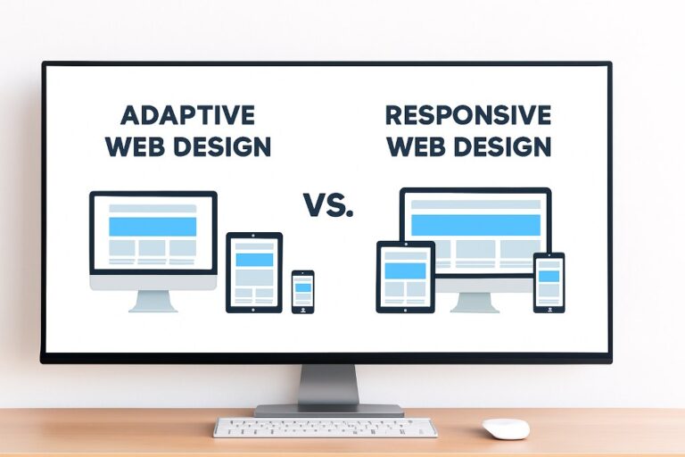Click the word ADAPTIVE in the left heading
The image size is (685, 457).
[186, 115]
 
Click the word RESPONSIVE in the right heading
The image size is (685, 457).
[467, 115]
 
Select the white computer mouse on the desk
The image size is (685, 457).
[506, 428]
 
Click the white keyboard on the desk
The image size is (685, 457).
[325, 428]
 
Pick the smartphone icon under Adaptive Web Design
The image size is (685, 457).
[303, 291]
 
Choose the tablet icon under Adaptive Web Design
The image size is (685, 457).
[254, 272]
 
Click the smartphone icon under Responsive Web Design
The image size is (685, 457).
[549, 282]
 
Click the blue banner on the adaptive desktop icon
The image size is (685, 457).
[153, 226]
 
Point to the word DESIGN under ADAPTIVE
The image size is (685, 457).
[219, 146]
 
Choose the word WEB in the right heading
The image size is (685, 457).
[416, 145]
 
